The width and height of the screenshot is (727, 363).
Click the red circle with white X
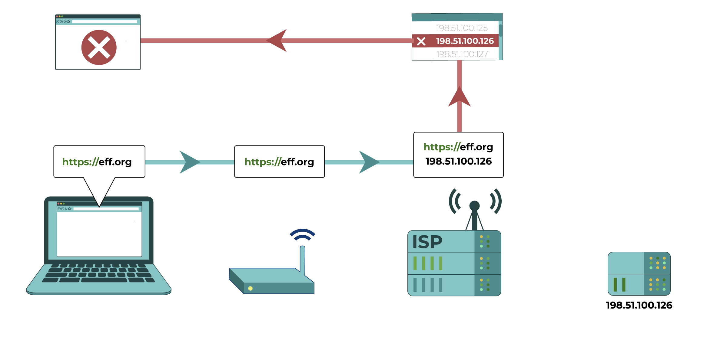coord(99,47)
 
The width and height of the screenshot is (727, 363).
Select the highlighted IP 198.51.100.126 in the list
coord(464,41)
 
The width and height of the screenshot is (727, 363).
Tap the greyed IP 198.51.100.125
coord(462,28)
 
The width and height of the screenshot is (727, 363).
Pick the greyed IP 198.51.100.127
coord(462,54)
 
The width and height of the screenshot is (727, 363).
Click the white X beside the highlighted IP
coord(421,41)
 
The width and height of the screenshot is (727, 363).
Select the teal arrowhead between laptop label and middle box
coord(189,162)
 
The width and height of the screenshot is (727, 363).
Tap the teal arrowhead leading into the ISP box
coord(369,162)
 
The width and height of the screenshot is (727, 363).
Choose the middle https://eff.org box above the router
coord(279,162)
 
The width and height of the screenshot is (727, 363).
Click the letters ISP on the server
coord(427,242)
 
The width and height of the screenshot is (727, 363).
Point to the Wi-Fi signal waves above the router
coord(302,235)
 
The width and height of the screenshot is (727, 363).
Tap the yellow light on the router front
coord(250,289)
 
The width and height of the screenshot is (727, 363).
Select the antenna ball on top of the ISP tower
coord(474,206)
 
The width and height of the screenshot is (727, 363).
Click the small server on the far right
coord(639,274)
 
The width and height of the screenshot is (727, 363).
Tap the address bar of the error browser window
coord(105,22)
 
